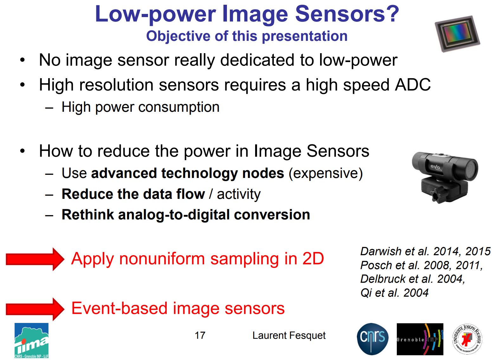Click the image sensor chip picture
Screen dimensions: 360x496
(x=457, y=34)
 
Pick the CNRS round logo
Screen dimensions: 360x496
(x=372, y=339)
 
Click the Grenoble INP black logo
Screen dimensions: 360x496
(x=420, y=339)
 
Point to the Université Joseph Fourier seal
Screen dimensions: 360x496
(x=467, y=339)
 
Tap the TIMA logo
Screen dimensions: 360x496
(x=31, y=341)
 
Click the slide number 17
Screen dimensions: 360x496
(x=200, y=335)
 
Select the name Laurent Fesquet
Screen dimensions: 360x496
(x=289, y=335)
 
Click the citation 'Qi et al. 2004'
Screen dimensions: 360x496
(x=394, y=293)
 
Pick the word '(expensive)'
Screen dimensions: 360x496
(x=325, y=174)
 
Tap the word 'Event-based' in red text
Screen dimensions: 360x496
(x=119, y=308)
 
